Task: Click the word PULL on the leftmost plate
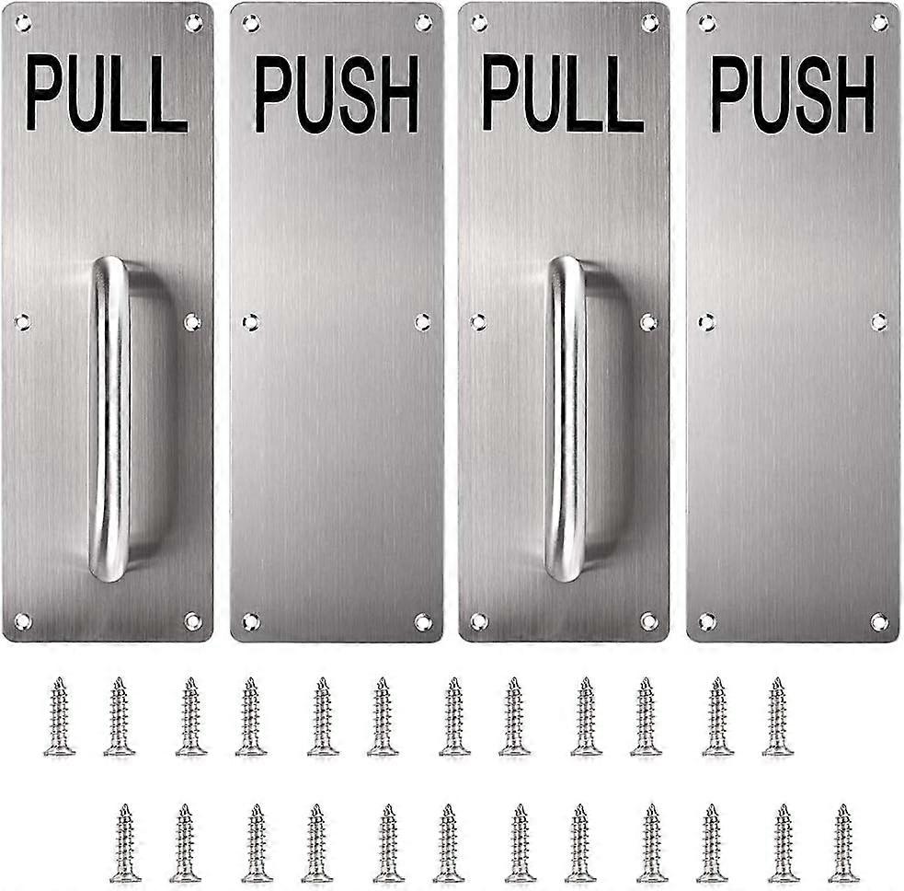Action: click(108, 93)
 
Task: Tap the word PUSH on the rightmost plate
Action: click(793, 94)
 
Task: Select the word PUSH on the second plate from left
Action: click(337, 94)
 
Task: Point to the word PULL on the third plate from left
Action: click(563, 93)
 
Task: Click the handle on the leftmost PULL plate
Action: click(109, 419)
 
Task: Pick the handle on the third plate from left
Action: click(566, 419)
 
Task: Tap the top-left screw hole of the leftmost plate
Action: click(23, 23)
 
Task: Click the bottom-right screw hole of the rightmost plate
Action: click(879, 622)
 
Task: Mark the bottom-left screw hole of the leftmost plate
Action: click(22, 621)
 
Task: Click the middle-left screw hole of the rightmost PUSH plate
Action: click(707, 322)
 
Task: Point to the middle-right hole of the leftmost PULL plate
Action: click(192, 322)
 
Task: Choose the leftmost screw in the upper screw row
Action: click(60, 717)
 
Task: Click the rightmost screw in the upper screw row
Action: click(778, 717)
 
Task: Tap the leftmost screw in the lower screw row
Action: click(126, 843)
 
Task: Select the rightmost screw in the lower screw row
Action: click(844, 843)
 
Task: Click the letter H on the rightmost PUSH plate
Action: click(855, 94)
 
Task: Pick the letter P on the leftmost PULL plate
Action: click(42, 92)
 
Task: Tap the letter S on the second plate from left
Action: click(358, 94)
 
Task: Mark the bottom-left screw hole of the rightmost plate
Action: click(707, 621)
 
